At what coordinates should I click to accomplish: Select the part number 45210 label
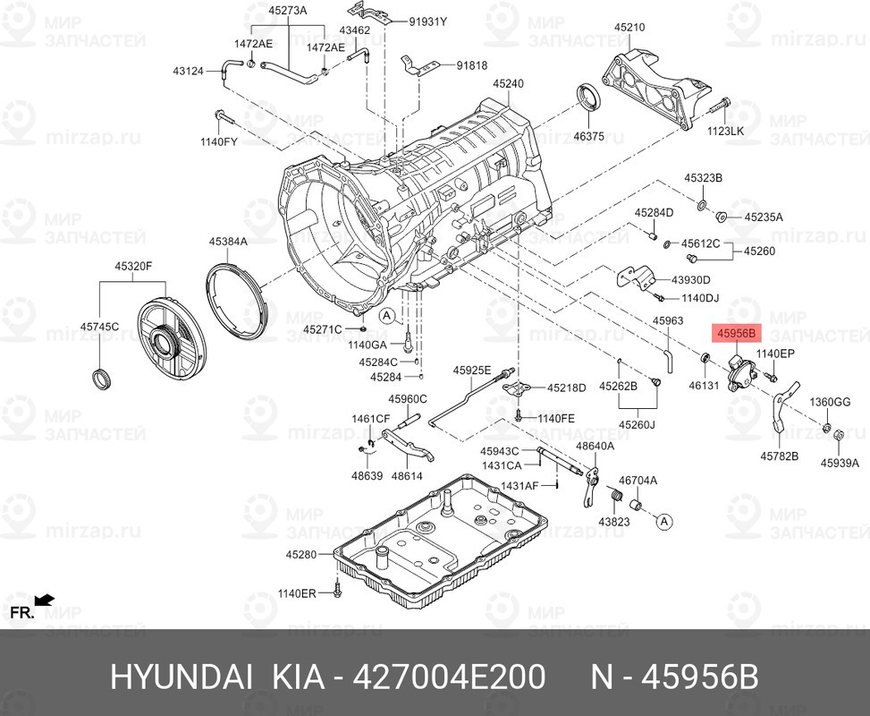pos(628,28)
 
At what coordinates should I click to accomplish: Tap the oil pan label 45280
pos(301,555)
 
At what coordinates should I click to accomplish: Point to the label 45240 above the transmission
pos(507,83)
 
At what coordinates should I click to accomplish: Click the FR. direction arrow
pos(43,600)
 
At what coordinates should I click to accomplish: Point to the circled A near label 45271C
pos(385,315)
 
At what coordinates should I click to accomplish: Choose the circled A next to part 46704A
pos(663,520)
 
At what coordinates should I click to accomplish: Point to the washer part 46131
pos(705,361)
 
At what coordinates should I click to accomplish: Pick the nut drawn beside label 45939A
pos(840,436)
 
